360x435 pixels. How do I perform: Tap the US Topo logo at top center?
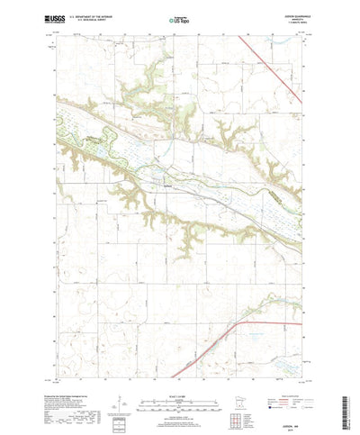coord(179,18)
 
